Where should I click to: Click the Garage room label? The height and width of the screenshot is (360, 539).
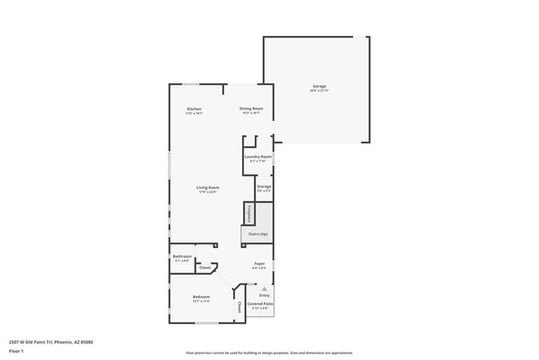pyautogui.click(x=319, y=86)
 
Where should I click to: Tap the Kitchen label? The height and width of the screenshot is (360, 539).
pyautogui.click(x=194, y=109)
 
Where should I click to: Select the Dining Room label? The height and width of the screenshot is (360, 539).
pyautogui.click(x=251, y=109)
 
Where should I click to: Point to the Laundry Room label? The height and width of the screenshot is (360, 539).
pyautogui.click(x=258, y=157)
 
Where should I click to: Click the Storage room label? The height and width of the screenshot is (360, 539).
pyautogui.click(x=264, y=187)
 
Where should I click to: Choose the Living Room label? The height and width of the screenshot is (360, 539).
pyautogui.click(x=207, y=187)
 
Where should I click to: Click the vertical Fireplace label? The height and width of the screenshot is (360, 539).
pyautogui.click(x=247, y=214)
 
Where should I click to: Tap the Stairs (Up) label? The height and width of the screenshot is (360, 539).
pyautogui.click(x=258, y=235)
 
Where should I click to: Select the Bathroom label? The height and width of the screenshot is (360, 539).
pyautogui.click(x=182, y=256)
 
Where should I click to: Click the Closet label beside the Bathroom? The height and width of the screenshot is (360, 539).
pyautogui.click(x=204, y=267)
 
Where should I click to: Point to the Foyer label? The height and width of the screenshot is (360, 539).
pyautogui.click(x=260, y=264)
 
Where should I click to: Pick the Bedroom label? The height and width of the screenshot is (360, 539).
pyautogui.click(x=202, y=296)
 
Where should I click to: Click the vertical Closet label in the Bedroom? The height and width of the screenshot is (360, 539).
pyautogui.click(x=240, y=307)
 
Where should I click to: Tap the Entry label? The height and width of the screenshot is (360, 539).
pyautogui.click(x=265, y=295)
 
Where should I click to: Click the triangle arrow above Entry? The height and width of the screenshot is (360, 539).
pyautogui.click(x=265, y=288)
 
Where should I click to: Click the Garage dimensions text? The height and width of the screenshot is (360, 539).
pyautogui.click(x=319, y=90)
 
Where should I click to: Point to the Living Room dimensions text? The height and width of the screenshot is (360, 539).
pyautogui.click(x=207, y=192)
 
